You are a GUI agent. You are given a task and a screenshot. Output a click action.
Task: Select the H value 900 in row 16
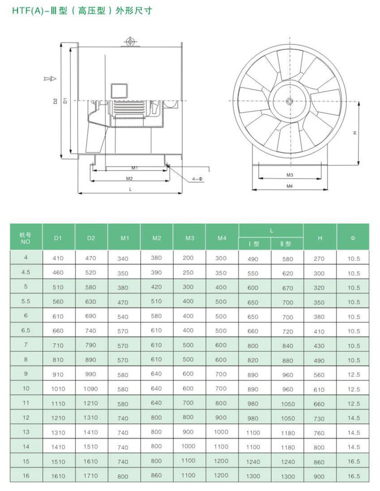point(319,475)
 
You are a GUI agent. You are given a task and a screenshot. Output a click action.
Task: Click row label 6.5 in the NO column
point(25,331)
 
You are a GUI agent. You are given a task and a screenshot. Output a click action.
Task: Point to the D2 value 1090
point(91,389)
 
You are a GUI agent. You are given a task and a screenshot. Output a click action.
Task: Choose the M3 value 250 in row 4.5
point(188,273)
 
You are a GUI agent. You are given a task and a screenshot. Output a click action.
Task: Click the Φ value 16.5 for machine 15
point(353,461)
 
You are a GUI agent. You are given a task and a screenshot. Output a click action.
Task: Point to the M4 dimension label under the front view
point(289,186)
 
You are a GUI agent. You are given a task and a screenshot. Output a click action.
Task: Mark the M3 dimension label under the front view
point(289,175)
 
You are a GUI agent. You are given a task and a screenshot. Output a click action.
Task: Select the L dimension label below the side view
point(130,189)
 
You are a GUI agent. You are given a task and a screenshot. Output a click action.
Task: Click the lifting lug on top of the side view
point(130,41)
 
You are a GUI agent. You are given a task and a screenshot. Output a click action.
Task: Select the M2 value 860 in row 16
point(156,475)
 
